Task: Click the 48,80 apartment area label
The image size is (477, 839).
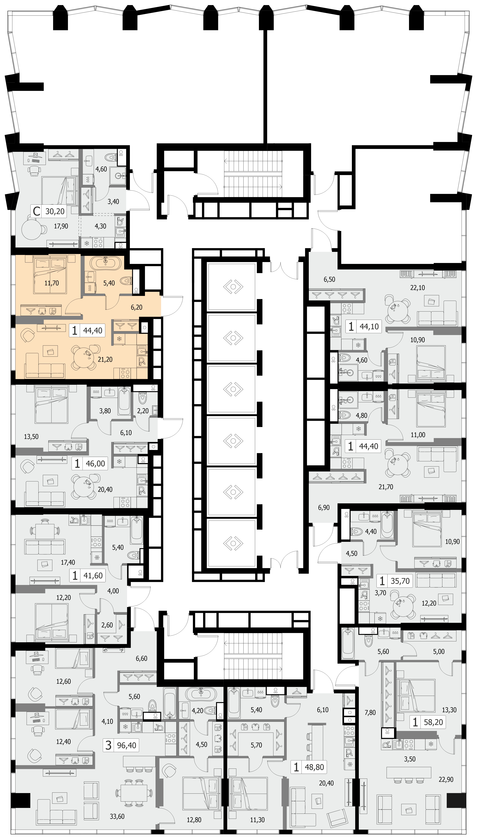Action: [x=314, y=767]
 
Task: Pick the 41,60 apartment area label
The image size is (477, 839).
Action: [x=93, y=576]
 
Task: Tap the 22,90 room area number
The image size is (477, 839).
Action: [x=446, y=779]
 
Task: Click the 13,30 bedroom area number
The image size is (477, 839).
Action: [x=449, y=710]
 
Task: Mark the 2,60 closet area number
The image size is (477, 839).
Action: [x=107, y=625]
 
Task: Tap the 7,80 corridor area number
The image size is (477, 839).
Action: [x=370, y=713]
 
